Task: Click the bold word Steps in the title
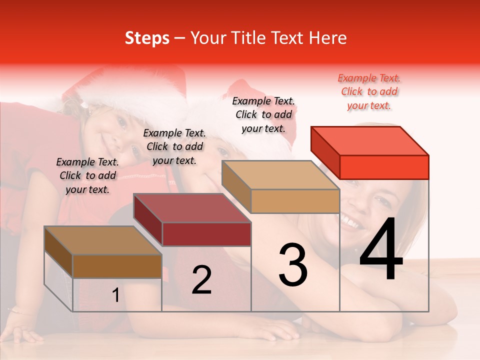pyautogui.click(x=147, y=38)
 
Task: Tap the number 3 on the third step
pyautogui.click(x=293, y=264)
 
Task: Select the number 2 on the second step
pyautogui.click(x=201, y=280)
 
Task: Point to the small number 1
pyautogui.click(x=116, y=295)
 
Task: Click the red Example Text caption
pyautogui.click(x=369, y=92)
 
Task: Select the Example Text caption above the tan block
pyautogui.click(x=263, y=114)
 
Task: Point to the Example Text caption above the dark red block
pyautogui.click(x=174, y=146)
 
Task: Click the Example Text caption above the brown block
pyautogui.click(x=87, y=175)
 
